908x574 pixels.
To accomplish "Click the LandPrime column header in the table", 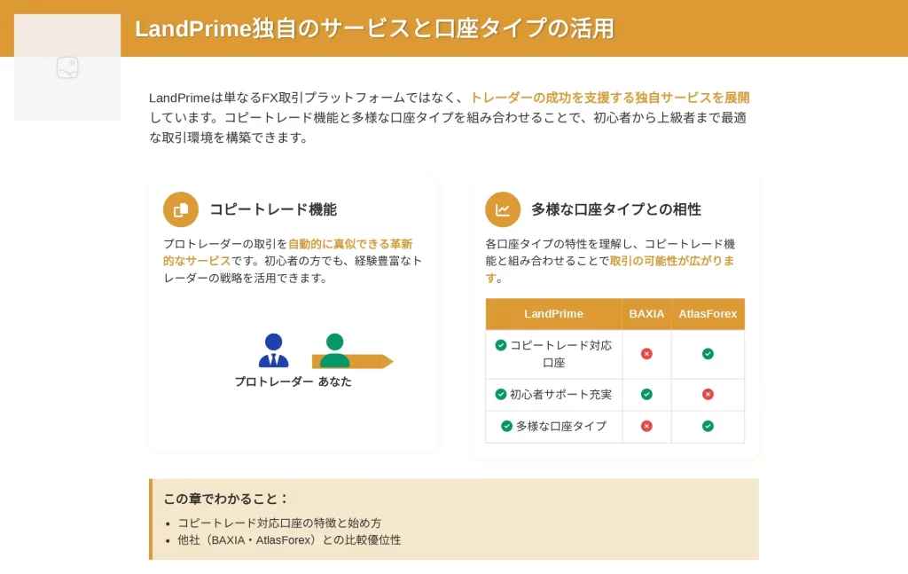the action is [553, 314].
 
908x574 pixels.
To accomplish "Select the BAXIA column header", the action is [646, 314].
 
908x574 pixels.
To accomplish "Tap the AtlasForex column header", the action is [708, 314].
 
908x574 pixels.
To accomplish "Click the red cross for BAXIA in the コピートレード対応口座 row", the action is [646, 354].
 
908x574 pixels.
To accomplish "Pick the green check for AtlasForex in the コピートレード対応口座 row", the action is [708, 354].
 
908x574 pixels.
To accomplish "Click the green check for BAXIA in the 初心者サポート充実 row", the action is [646, 395].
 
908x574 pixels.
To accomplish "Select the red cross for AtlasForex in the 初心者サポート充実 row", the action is [708, 395].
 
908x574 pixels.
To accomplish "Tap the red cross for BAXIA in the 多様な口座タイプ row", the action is [646, 427].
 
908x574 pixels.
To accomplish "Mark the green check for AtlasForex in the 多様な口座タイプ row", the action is [708, 427].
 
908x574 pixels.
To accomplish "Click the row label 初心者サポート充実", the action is [560, 395].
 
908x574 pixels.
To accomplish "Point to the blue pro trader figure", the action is [273, 350].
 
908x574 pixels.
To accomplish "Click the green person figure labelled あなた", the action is [334, 350].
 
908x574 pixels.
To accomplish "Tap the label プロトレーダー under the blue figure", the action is [274, 381].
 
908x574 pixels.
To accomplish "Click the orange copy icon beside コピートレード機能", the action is [181, 209].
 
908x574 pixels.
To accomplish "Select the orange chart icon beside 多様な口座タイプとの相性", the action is [503, 209].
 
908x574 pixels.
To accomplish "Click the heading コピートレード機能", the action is [273, 209].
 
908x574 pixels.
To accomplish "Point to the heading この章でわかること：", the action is [226, 499].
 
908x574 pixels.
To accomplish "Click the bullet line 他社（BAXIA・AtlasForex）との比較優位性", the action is [289, 539].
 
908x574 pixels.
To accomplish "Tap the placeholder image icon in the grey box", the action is [67, 67].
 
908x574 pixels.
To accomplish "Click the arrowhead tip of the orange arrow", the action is [393, 361].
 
